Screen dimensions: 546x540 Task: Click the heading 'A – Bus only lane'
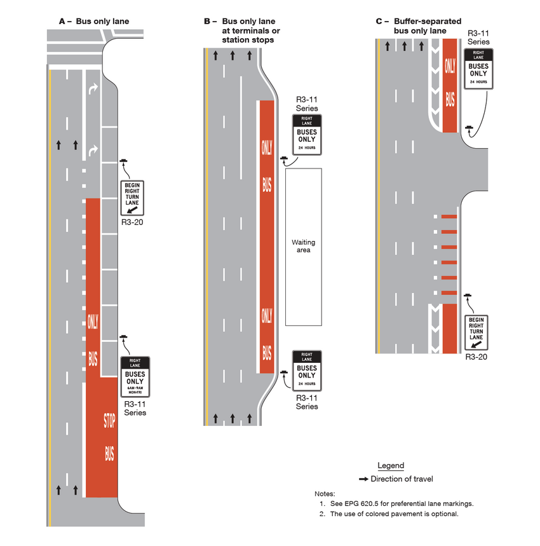pos(93,22)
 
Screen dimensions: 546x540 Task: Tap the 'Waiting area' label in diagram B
pos(303,246)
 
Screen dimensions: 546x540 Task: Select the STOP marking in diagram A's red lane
pos(109,420)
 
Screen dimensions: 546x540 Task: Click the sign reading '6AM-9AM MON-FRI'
pos(135,377)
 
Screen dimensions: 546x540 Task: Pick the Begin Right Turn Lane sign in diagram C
pos(477,332)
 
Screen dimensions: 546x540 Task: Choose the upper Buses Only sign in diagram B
pos(307,134)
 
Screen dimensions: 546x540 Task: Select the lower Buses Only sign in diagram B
pos(307,371)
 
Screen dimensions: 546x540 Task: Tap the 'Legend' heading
pos(391,466)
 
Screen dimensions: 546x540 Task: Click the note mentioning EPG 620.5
pos(396,503)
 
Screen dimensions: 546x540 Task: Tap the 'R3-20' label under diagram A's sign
pos(134,223)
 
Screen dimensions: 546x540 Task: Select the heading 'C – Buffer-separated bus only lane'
pos(411,25)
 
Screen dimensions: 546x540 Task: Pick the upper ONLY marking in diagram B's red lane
pos(267,147)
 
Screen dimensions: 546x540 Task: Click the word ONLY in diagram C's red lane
pos(450,65)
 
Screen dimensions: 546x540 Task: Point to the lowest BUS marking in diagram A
pos(109,453)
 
